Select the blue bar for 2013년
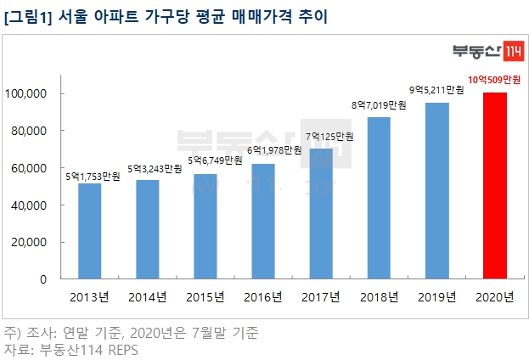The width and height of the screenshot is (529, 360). click(89, 231)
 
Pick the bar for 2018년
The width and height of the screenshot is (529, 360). click(379, 198)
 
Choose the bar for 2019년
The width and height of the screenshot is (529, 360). click(436, 190)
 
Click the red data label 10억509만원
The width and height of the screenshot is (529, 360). click(494, 80)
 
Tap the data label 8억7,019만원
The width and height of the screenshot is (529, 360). click(379, 105)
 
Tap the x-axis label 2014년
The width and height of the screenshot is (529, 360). click(147, 296)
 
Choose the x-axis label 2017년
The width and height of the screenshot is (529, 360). click(321, 296)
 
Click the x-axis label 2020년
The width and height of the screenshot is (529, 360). click(495, 296)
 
